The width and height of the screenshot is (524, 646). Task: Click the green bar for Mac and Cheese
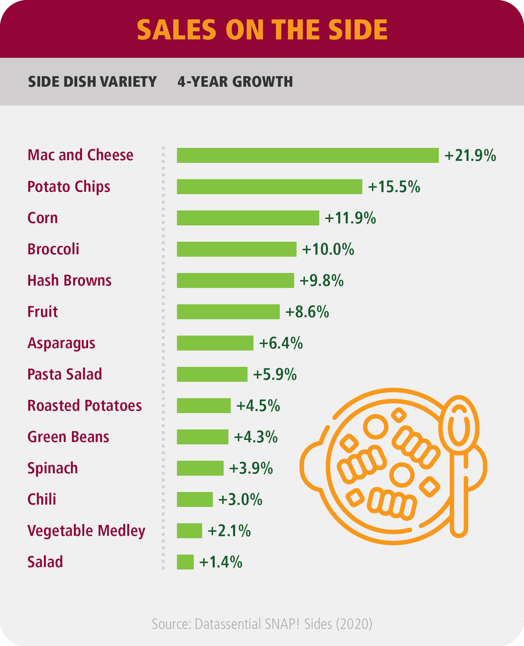308,155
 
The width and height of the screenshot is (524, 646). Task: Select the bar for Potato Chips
269,187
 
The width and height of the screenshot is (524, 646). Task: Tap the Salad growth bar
185,562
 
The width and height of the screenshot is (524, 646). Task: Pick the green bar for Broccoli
236,249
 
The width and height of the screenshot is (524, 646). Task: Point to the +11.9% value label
350,218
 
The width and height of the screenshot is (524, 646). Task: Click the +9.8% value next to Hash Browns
322,281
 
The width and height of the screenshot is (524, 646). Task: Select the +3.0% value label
240,500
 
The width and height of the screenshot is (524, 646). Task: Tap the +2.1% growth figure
229,531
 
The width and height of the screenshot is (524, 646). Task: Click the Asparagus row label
61,343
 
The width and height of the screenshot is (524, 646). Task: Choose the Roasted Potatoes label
84,406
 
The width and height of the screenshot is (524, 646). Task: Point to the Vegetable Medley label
86,531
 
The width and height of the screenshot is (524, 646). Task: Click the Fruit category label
43,312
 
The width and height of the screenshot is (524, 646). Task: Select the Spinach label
52,468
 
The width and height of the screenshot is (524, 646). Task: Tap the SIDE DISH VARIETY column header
92,82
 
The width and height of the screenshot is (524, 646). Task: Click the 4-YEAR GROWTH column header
235,82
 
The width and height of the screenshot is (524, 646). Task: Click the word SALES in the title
177,30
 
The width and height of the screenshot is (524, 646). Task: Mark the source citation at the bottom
262,624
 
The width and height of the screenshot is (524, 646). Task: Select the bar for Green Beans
202,437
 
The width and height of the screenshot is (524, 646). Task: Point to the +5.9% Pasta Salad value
275,375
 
